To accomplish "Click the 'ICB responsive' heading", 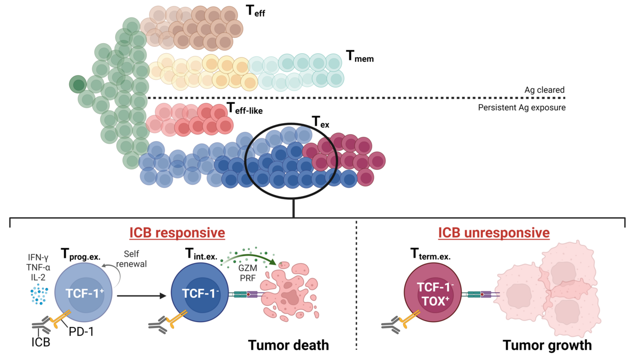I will pos(177,233).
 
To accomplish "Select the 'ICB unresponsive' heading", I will pos(494,233).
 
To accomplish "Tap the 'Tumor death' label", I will pos(288,345).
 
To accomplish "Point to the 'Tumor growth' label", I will pos(547,345).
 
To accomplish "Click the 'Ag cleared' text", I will pos(544,90).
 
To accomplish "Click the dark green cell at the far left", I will pos(78,84).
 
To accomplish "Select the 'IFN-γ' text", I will pos(39,259).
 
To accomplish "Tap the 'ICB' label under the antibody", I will pos(40,342).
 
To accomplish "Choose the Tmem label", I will pos(359,57).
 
